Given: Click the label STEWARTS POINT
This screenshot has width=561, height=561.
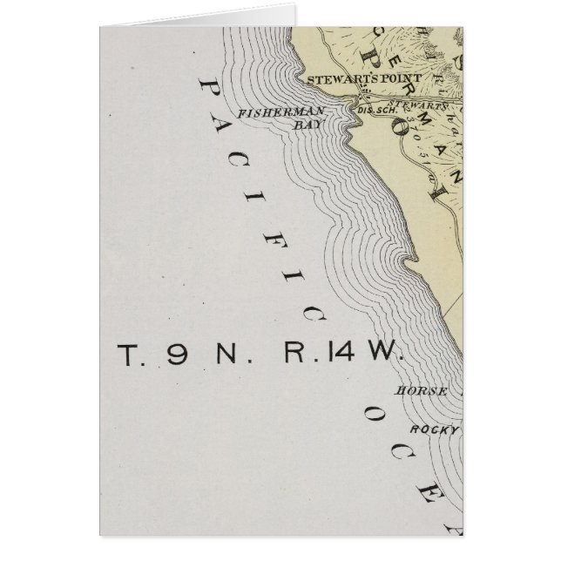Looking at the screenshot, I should point(364,78).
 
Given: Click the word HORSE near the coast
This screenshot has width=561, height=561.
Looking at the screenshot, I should point(422,391).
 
